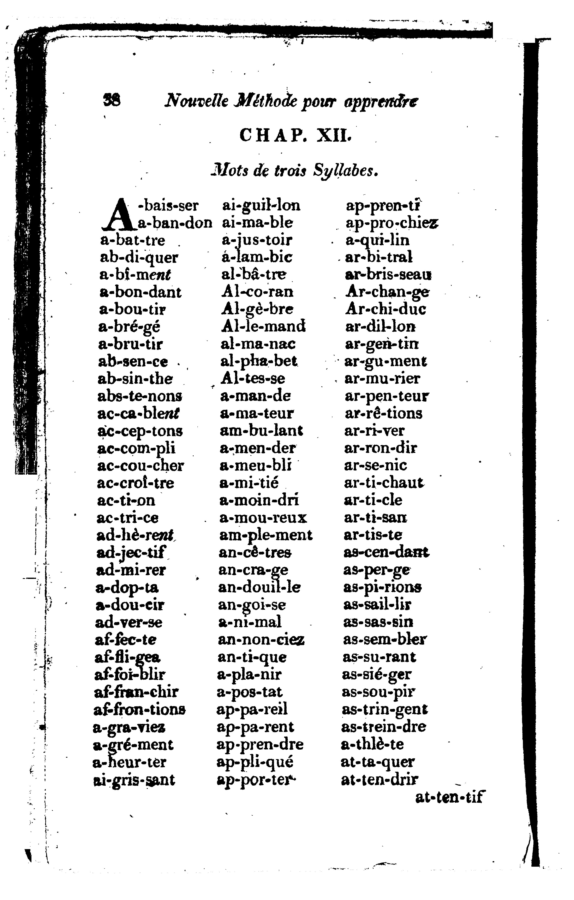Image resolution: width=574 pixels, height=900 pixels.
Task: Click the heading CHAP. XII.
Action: coord(295,135)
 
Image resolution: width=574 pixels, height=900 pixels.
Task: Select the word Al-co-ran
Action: coord(257,292)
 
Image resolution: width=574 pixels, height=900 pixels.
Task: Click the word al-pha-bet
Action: coord(259,361)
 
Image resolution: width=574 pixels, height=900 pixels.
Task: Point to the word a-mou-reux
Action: coord(263,518)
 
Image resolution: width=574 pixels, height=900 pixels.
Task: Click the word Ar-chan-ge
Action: coord(387,292)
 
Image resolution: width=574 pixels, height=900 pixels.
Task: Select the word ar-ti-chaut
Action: coord(384,483)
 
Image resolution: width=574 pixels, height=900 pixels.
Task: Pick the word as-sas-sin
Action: coord(378,622)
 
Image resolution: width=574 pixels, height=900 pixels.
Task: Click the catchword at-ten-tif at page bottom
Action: coord(449,798)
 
